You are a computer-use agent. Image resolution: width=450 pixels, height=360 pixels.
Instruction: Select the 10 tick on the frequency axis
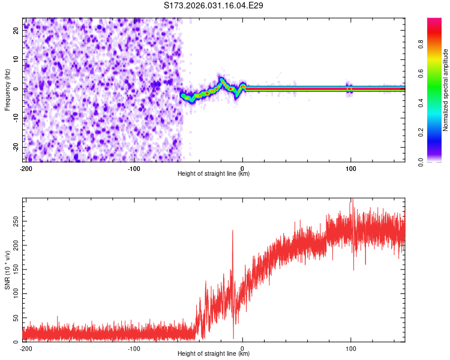(x=17, y=60)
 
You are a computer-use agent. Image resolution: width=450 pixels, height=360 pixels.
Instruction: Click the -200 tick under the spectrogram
(x=25, y=167)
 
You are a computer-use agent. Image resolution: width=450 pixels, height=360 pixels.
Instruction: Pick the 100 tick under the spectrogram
(x=352, y=167)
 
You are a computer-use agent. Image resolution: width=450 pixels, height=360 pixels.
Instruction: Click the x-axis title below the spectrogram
(x=214, y=174)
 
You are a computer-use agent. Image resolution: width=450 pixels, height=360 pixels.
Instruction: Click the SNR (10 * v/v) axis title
(x=7, y=270)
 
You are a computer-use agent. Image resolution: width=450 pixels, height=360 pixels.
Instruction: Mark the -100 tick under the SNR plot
(x=134, y=347)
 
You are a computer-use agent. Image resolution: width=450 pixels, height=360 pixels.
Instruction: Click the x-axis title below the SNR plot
(x=214, y=354)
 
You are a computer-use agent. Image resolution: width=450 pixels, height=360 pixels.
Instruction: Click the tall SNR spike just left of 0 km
(x=233, y=232)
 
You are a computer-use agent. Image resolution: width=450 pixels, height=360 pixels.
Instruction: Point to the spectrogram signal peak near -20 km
(x=221, y=80)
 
